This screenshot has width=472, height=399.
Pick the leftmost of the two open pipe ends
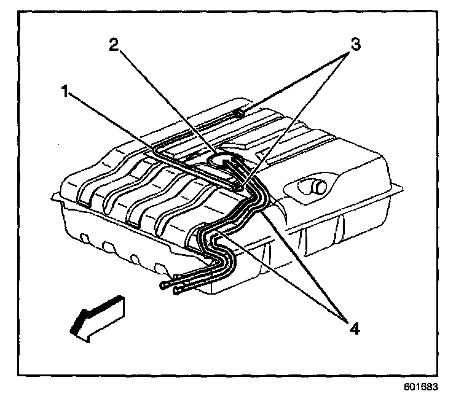click(164, 285)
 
